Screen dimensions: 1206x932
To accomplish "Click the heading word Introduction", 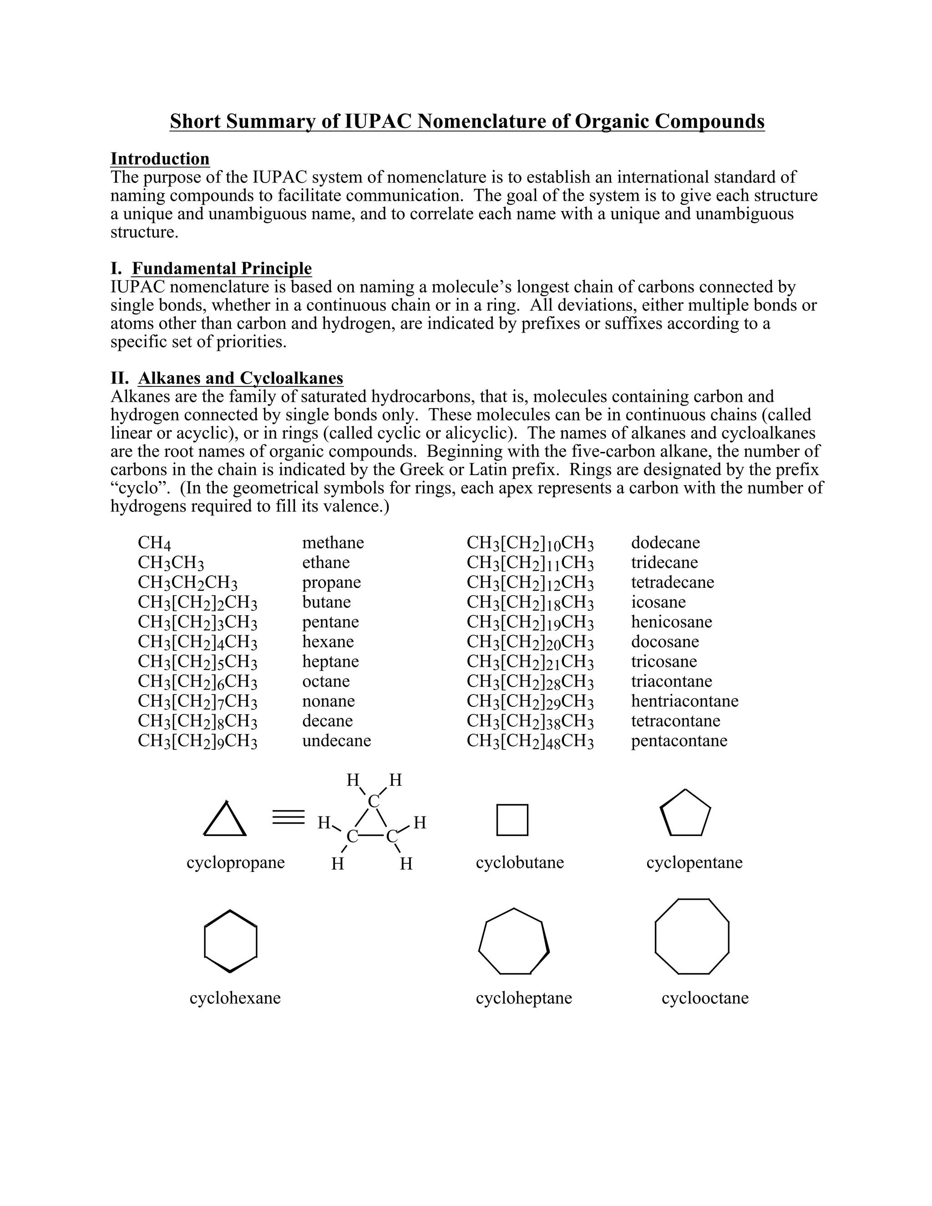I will [x=160, y=158].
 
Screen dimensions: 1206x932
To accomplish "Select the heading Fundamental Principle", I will [x=222, y=269].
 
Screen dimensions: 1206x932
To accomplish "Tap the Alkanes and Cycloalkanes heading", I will [x=240, y=378].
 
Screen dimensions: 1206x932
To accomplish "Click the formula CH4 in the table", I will [x=154, y=543].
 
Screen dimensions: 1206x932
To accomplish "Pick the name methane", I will [x=333, y=543].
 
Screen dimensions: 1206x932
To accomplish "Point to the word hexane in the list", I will [x=328, y=642].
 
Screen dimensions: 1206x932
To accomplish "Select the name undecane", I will [x=336, y=740].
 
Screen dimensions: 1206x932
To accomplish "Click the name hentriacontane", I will [x=684, y=701].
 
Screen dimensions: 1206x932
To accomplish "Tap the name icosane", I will [x=658, y=602].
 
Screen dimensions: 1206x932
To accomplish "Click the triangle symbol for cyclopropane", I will [x=225, y=820].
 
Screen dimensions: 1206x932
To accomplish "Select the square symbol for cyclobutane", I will [x=512, y=820].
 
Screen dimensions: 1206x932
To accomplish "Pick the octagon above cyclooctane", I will [x=692, y=937].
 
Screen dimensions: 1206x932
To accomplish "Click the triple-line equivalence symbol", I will [x=288, y=817].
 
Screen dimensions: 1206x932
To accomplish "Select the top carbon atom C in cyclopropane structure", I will [x=374, y=801].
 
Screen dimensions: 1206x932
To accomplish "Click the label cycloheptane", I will [x=523, y=998].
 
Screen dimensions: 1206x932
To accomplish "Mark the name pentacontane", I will [x=679, y=740].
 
